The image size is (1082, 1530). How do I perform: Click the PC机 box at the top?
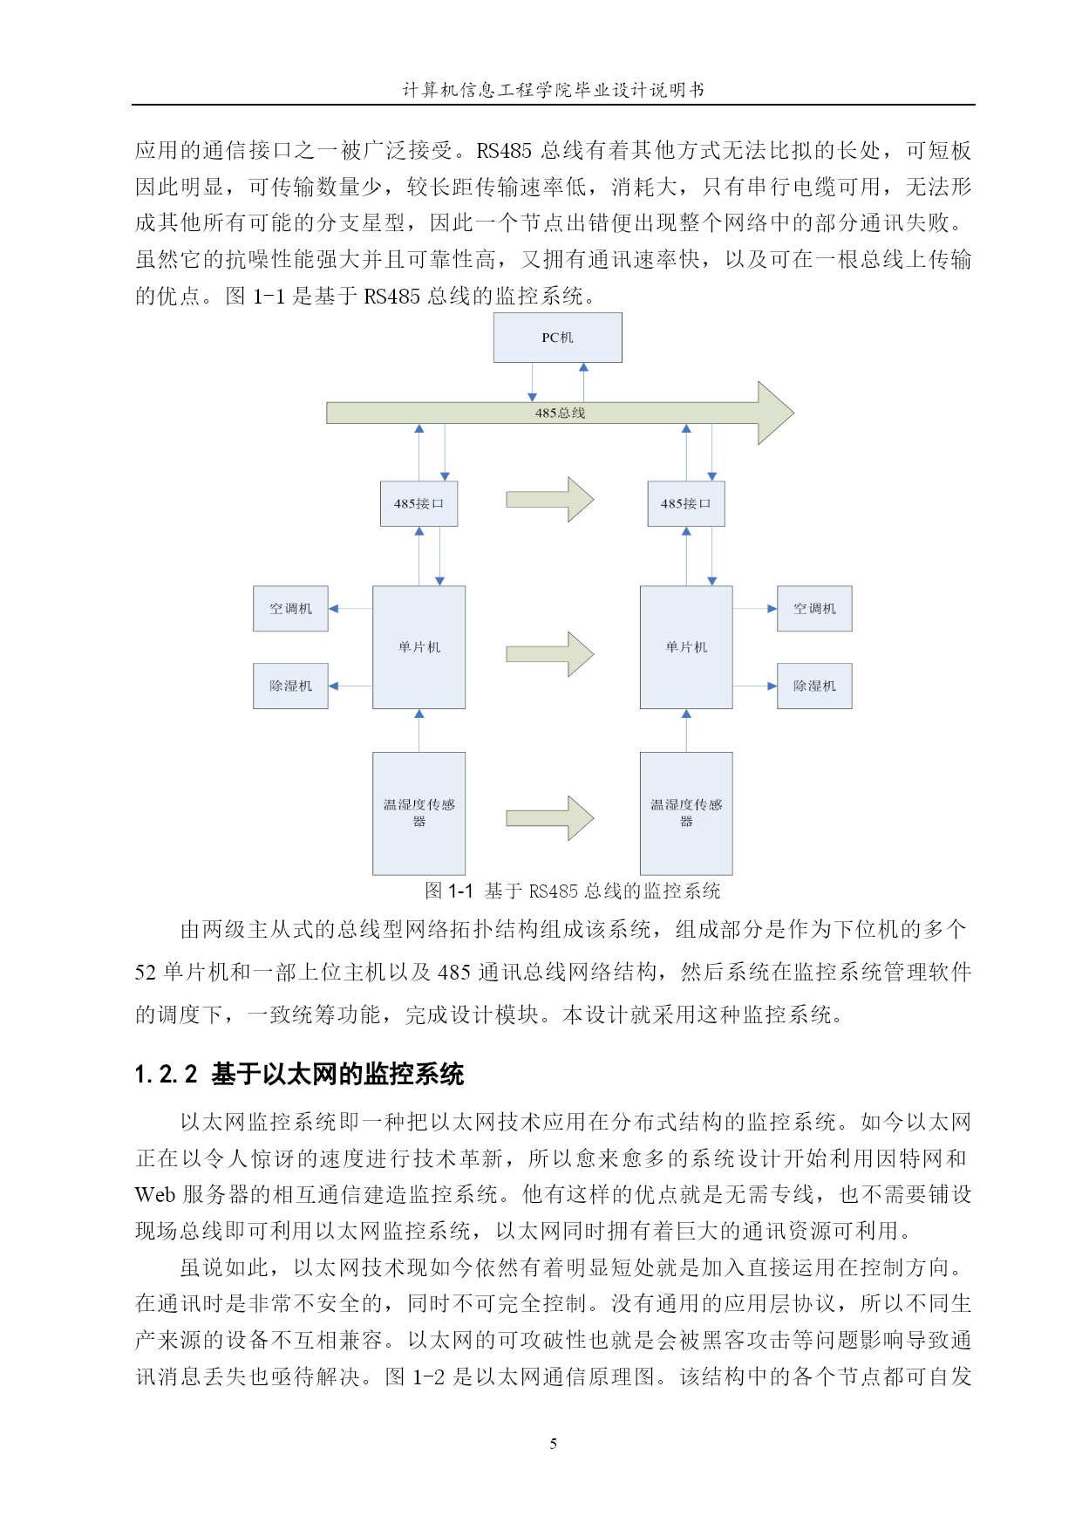[558, 338]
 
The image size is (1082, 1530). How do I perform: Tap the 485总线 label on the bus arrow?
[560, 413]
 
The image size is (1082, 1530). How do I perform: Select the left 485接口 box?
[419, 503]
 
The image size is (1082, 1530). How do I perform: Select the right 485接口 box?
[686, 503]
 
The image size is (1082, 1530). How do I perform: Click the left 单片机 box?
[419, 647]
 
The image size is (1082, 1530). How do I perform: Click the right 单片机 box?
[686, 647]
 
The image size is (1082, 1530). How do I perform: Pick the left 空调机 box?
[290, 609]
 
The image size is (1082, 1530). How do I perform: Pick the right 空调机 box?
[814, 609]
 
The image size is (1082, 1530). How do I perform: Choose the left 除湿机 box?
[290, 686]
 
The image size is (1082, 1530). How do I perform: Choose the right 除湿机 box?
[814, 686]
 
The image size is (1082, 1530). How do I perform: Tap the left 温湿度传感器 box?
[419, 814]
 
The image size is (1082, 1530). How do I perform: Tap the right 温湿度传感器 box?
[686, 814]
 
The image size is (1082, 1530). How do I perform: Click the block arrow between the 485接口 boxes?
[550, 500]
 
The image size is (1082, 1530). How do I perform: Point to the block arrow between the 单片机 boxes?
[550, 654]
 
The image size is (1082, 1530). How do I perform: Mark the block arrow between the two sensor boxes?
[550, 818]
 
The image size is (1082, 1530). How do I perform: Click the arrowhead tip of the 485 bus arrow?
[794, 413]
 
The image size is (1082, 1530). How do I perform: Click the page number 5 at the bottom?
[554, 1444]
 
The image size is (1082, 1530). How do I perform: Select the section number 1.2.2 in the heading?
[167, 1075]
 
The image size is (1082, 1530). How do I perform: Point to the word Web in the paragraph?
[155, 1194]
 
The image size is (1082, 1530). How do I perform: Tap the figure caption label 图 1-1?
[449, 891]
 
